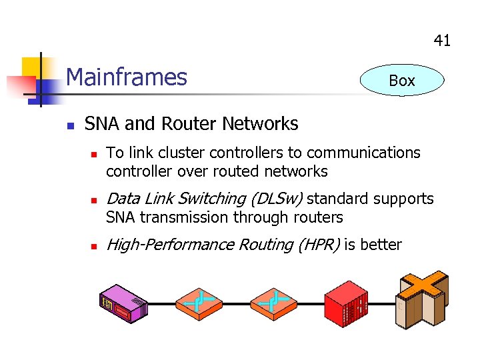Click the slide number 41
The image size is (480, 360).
(x=442, y=41)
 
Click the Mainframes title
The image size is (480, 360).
(x=127, y=77)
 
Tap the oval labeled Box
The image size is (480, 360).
(x=401, y=81)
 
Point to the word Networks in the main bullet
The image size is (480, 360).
(x=260, y=124)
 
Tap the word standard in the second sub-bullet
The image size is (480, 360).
(x=338, y=199)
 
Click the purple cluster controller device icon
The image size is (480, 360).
(x=124, y=304)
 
